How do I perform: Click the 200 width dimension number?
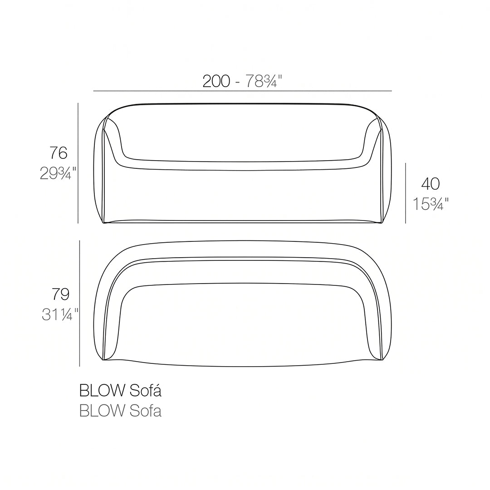216,81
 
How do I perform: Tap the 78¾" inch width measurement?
264,81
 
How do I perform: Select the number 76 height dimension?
59,153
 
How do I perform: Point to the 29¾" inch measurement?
58,173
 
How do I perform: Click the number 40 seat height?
431,184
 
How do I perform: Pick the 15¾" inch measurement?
431,204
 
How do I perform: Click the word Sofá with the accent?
146,391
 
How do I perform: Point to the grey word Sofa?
146,411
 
